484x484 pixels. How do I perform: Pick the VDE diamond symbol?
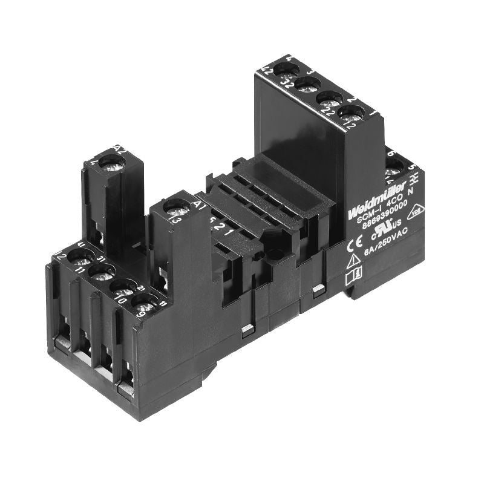(416, 212)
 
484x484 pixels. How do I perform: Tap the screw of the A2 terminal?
(111, 162)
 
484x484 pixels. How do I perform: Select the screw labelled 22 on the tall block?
(329, 97)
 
